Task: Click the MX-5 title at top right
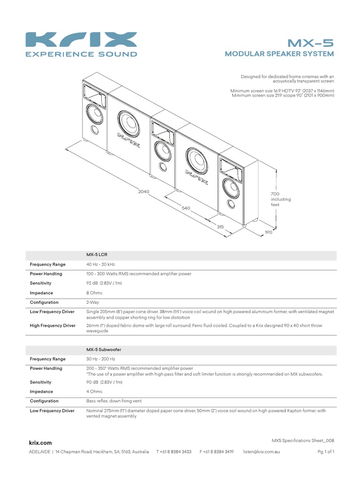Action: pos(310,43)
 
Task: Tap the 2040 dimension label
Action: pos(144,191)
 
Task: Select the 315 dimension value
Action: pos(220,227)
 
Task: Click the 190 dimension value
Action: pos(268,232)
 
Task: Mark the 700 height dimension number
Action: pos(275,194)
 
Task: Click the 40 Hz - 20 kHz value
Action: pos(102,264)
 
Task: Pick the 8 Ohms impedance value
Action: pos(94,293)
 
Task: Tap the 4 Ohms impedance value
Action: pos(94,391)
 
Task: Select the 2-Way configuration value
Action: pos(92,302)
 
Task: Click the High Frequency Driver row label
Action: pos(52,325)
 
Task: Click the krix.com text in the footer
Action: pos(40,442)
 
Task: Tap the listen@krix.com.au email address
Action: pos(261,451)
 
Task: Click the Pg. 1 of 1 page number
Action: pos(325,451)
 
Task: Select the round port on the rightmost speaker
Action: pos(231,203)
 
